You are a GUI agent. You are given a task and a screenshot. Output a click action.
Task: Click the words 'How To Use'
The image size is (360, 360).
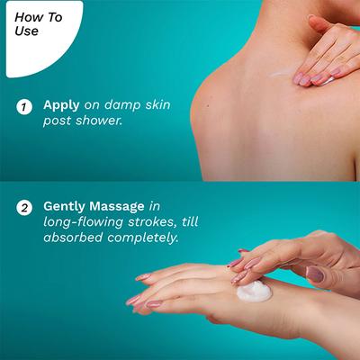pyautogui.click(x=38, y=24)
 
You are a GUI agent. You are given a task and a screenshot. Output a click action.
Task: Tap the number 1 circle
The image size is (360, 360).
pyautogui.click(x=24, y=107)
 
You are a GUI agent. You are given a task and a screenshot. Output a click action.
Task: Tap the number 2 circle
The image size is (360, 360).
pyautogui.click(x=24, y=208)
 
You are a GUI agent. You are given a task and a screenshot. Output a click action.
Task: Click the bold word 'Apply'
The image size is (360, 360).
pyautogui.click(x=61, y=105)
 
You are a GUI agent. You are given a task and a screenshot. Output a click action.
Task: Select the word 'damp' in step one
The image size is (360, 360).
pyautogui.click(x=122, y=104)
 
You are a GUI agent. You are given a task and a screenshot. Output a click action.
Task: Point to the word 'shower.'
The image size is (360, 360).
pyautogui.click(x=99, y=121)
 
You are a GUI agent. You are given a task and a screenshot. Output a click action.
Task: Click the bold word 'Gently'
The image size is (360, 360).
pyautogui.click(x=65, y=207)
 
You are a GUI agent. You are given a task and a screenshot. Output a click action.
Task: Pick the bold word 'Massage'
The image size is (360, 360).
pyautogui.click(x=117, y=206)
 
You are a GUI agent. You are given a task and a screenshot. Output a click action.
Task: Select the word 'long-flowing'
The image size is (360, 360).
pyautogui.click(x=84, y=222)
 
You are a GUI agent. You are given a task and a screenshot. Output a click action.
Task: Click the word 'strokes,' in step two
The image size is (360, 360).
pyautogui.click(x=152, y=222)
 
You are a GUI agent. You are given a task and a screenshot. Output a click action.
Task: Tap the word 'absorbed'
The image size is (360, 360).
pyautogui.click(x=73, y=238)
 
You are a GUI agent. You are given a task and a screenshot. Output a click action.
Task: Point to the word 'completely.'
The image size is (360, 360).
pyautogui.click(x=143, y=238)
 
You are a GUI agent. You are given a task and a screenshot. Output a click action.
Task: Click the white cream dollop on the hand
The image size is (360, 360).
pyautogui.click(x=254, y=292)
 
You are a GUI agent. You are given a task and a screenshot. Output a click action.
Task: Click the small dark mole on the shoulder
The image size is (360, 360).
pyautogui.click(x=208, y=105)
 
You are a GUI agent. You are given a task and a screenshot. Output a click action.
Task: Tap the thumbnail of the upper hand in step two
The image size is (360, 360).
pyautogui.click(x=315, y=274)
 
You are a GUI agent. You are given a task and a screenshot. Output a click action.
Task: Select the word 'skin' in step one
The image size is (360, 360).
pyautogui.click(x=157, y=104)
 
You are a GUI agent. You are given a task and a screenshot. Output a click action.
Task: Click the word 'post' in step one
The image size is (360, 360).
pyautogui.click(x=58, y=121)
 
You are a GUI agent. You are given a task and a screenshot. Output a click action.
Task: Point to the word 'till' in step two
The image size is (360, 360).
pyautogui.click(x=189, y=221)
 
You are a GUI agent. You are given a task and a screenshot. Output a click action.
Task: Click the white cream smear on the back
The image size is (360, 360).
pyautogui.click(x=283, y=73)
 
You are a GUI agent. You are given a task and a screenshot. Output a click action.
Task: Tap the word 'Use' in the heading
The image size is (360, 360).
pyautogui.click(x=26, y=31)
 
